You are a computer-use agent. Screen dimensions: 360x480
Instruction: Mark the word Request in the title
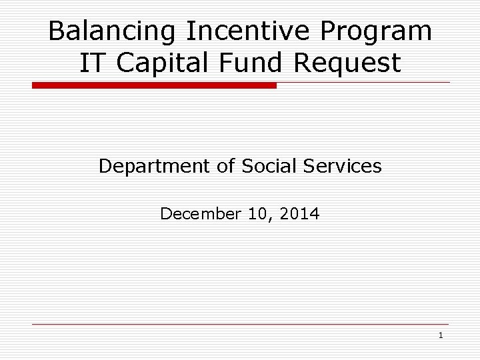[349, 63]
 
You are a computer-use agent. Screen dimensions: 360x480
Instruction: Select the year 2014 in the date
[299, 214]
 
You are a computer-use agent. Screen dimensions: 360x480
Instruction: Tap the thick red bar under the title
[154, 86]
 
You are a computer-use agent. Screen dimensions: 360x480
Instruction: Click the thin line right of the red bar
[363, 83]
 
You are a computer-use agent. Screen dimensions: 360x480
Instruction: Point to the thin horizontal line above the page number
[240, 325]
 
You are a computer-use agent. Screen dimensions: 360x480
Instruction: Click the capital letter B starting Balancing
[57, 31]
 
